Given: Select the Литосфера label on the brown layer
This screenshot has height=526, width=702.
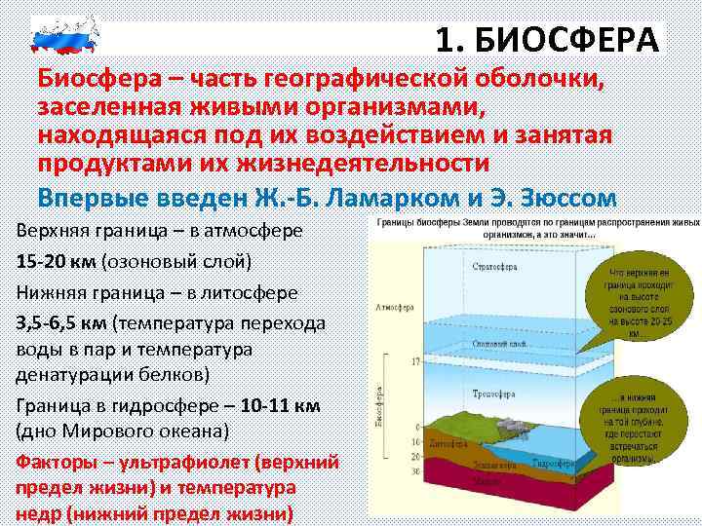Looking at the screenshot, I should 442,450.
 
